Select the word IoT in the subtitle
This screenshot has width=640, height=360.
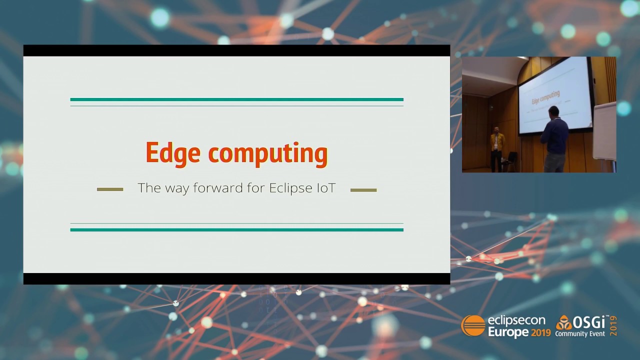[x=325, y=188]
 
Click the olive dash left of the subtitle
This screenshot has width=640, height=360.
[x=110, y=189]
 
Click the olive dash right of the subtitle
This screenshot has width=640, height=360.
[x=363, y=190]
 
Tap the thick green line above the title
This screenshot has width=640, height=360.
[x=236, y=99]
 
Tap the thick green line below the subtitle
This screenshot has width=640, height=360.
[x=236, y=230]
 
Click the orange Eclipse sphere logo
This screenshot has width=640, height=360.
[x=473, y=326]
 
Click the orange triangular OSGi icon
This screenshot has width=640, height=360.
[x=564, y=323]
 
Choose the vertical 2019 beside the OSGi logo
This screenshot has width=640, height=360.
[x=613, y=326]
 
